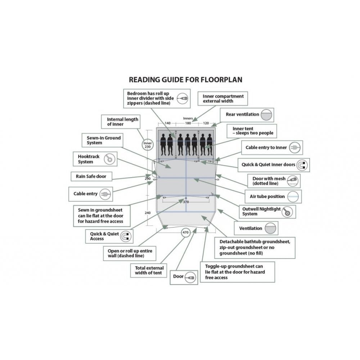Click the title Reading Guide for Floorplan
tap(185, 80)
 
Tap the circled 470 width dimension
tap(185, 233)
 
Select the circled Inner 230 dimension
tap(148, 145)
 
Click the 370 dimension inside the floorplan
tap(186, 202)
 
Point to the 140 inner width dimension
tap(168, 123)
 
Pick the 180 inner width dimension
tap(188, 123)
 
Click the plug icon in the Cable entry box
tap(105, 194)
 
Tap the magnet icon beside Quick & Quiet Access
tap(126, 236)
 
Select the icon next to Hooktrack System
tap(109, 159)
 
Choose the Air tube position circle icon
tap(293, 197)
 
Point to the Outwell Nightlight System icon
tap(287, 212)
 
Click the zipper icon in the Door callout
tap(190, 277)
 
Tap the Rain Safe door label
tap(91, 176)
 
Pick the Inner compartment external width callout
tap(223, 99)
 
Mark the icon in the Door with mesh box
tap(292, 181)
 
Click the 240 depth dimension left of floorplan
tap(148, 213)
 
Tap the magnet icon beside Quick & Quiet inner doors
tap(302, 165)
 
